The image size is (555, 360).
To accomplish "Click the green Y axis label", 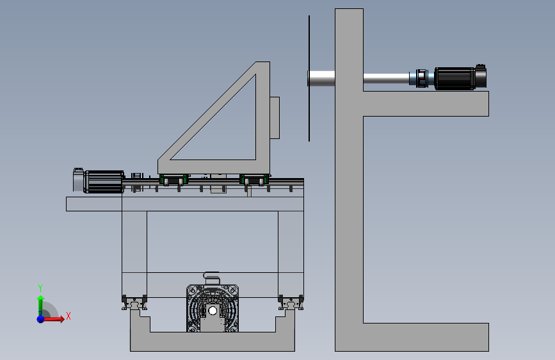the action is (x=40, y=288).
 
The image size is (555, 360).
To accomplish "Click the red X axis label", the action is (x=68, y=316).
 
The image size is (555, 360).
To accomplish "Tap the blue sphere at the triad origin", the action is (x=41, y=319).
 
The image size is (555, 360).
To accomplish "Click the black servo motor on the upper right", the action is (x=460, y=78).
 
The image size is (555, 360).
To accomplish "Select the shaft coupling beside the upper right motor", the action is (x=421, y=78).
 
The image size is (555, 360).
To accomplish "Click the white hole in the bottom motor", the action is (x=213, y=311).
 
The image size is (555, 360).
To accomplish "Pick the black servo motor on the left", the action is (x=103, y=182).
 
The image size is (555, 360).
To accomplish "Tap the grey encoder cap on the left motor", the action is (x=78, y=180).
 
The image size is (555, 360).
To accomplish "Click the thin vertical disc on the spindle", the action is (x=309, y=78).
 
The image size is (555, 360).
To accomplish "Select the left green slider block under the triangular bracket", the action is (x=173, y=179).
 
